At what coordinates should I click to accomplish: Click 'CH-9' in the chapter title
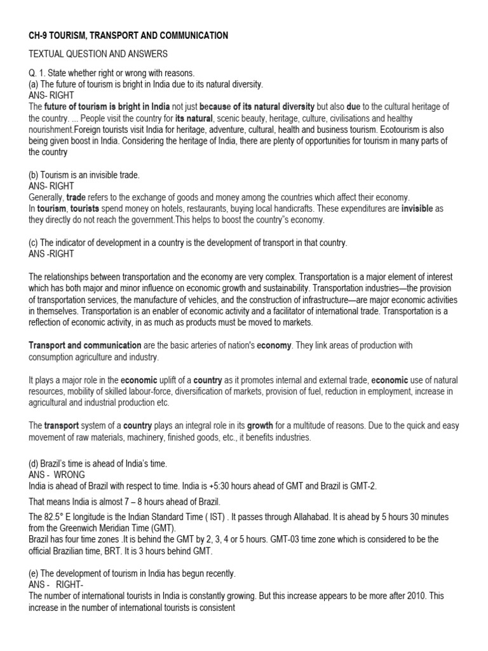click(37, 36)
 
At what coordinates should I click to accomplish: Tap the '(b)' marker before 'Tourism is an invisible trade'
click(34, 175)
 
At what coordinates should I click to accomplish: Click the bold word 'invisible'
click(417, 209)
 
